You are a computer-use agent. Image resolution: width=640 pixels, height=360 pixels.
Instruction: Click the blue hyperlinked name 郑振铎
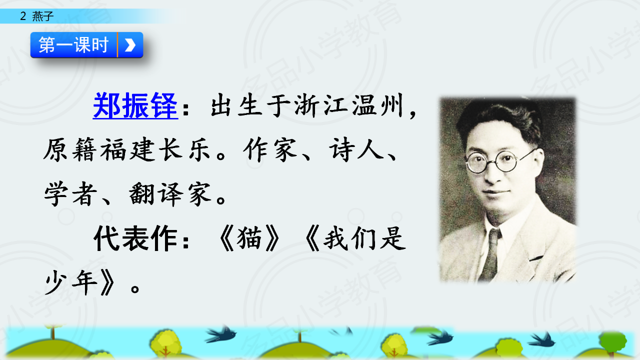click(135, 105)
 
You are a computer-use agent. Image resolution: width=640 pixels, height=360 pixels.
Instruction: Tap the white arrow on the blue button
click(130, 45)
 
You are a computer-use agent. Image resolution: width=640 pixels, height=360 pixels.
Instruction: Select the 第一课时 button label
click(73, 45)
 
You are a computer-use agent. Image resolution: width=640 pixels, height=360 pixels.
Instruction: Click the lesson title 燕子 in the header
click(42, 16)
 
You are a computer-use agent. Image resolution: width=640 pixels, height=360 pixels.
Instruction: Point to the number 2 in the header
click(23, 16)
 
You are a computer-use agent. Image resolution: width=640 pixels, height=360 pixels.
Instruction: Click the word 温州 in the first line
click(377, 105)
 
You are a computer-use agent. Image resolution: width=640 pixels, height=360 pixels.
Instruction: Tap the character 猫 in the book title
click(249, 238)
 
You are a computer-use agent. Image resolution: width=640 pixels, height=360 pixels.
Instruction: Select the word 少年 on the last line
click(71, 282)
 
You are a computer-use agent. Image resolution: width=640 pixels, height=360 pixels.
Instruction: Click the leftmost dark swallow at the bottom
click(221, 334)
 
